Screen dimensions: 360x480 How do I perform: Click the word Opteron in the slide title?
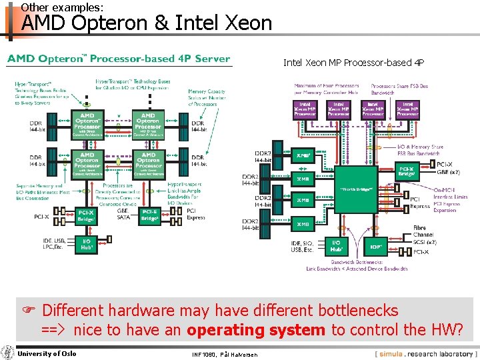(x=115, y=23)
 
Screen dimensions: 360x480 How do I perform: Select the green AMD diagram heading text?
(x=119, y=59)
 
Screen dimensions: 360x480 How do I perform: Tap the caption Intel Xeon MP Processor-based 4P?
(x=353, y=63)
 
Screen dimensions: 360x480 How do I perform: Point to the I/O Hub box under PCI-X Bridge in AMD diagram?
(x=87, y=243)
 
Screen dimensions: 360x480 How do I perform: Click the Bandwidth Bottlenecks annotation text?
(x=357, y=265)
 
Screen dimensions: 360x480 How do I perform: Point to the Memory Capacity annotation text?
(x=206, y=97)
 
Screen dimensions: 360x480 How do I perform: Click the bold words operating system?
(x=256, y=329)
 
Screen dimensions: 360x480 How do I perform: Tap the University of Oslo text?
(x=47, y=353)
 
